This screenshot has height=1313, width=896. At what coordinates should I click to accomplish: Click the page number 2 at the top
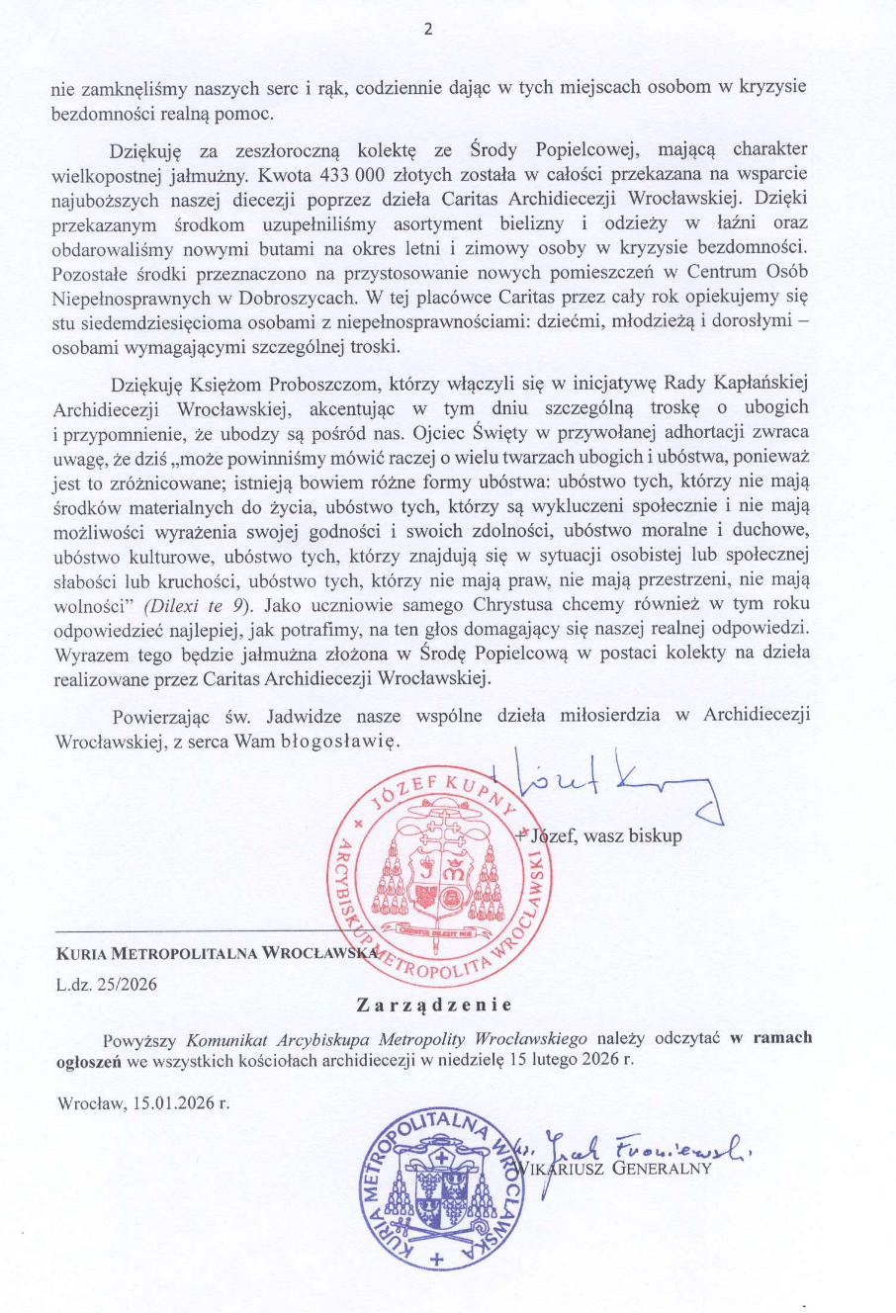click(x=428, y=29)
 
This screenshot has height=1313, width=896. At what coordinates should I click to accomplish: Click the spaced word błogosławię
click(x=338, y=741)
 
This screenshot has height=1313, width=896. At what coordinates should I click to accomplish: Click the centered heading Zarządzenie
click(x=433, y=1006)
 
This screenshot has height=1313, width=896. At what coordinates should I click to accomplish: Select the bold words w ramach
click(x=770, y=1038)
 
